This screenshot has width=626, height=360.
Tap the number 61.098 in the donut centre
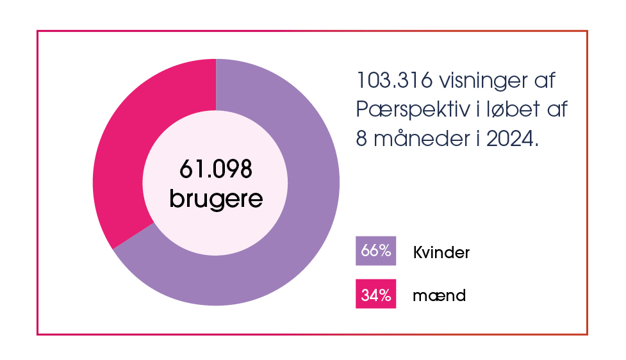[x=216, y=170]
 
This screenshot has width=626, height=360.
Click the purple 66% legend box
[x=375, y=250]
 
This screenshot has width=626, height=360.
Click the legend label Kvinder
[x=441, y=252]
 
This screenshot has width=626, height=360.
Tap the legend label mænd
[x=439, y=296]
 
